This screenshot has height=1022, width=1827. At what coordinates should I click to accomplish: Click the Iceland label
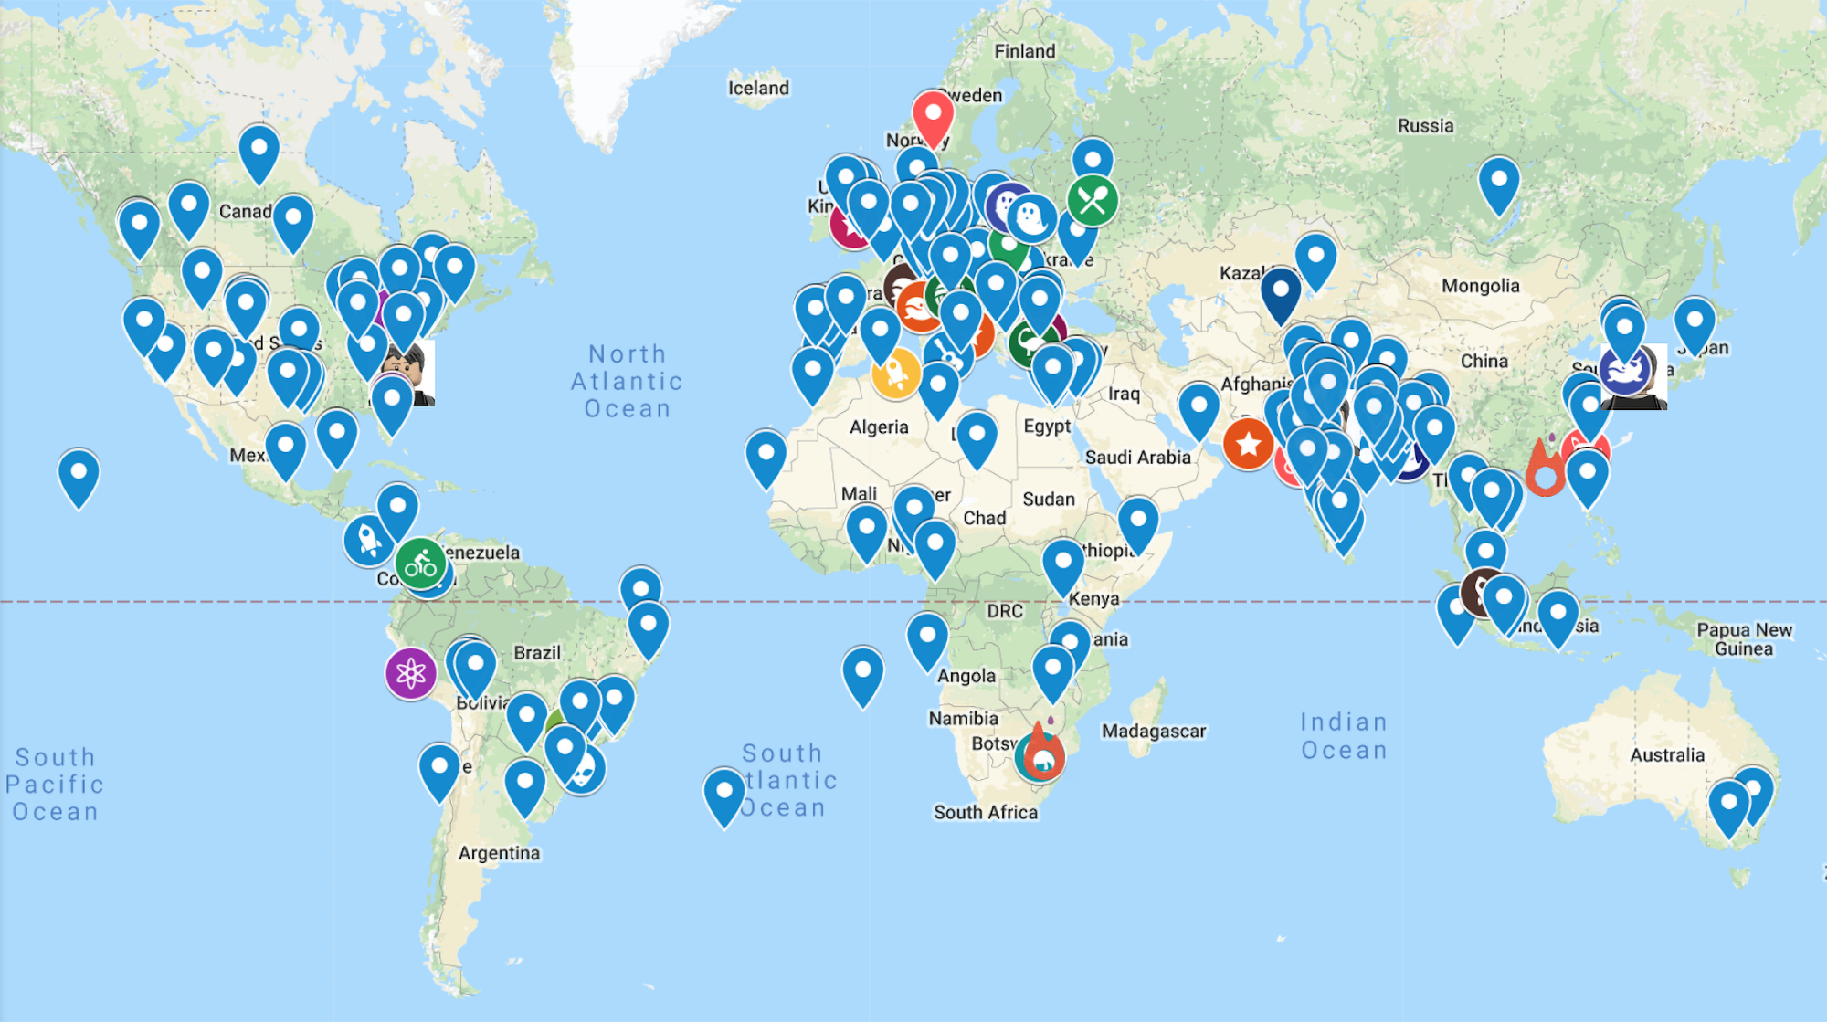click(758, 88)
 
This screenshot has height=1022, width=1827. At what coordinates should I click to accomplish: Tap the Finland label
click(1024, 51)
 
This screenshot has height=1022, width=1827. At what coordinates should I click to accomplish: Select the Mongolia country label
click(1480, 286)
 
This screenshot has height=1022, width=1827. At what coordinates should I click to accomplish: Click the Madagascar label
click(1154, 731)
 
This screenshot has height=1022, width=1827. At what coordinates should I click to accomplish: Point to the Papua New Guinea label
click(1744, 639)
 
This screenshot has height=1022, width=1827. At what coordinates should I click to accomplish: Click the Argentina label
click(499, 853)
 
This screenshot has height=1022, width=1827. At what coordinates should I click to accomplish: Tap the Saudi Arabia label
click(1137, 457)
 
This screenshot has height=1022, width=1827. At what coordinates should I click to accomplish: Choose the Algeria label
click(879, 427)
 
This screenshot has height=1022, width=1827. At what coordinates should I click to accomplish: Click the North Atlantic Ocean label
click(627, 381)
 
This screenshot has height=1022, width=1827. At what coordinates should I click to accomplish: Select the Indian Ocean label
click(1344, 736)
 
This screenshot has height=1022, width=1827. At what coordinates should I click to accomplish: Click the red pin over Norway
click(933, 115)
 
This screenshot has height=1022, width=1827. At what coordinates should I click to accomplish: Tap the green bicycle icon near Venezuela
click(420, 564)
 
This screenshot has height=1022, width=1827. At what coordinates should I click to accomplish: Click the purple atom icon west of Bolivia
click(410, 673)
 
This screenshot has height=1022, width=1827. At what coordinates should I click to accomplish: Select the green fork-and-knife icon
click(1093, 200)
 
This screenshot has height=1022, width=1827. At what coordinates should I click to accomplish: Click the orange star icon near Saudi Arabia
click(1248, 444)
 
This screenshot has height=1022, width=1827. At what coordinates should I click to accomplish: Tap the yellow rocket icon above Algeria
click(895, 372)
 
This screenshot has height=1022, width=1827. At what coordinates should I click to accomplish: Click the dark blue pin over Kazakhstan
click(1281, 292)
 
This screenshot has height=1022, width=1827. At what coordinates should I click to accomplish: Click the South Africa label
click(985, 812)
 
